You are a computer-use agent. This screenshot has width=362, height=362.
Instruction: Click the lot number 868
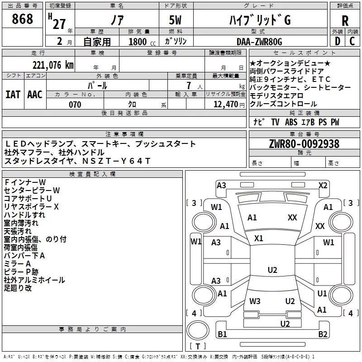(x=23, y=19)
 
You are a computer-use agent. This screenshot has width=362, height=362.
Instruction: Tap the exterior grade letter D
(x=337, y=42)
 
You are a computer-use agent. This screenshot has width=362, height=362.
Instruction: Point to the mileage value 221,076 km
(x=52, y=65)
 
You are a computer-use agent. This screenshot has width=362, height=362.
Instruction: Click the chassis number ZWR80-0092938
(x=304, y=144)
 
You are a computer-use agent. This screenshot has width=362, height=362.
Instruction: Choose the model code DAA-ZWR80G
(x=259, y=42)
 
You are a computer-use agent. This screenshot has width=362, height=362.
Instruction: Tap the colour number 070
(x=75, y=105)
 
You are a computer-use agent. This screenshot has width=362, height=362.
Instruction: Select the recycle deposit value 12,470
(x=225, y=105)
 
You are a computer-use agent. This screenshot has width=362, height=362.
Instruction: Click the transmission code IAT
(x=13, y=95)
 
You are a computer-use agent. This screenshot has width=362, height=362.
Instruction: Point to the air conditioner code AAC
(x=35, y=95)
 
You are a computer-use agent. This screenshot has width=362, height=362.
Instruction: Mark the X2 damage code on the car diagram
(x=323, y=185)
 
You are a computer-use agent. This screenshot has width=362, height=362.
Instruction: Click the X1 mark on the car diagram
(x=259, y=238)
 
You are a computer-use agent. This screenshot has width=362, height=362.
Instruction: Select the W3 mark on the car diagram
(x=255, y=301)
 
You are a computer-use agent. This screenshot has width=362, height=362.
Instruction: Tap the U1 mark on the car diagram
(x=322, y=294)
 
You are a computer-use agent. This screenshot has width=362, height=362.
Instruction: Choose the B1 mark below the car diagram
(x=222, y=334)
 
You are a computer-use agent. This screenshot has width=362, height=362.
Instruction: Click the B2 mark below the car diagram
(x=323, y=334)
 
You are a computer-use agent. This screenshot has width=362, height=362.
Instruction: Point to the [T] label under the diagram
(x=197, y=347)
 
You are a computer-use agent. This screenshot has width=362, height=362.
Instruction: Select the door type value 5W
(x=176, y=20)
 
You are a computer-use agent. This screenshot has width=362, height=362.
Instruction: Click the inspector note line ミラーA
(x=17, y=263)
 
